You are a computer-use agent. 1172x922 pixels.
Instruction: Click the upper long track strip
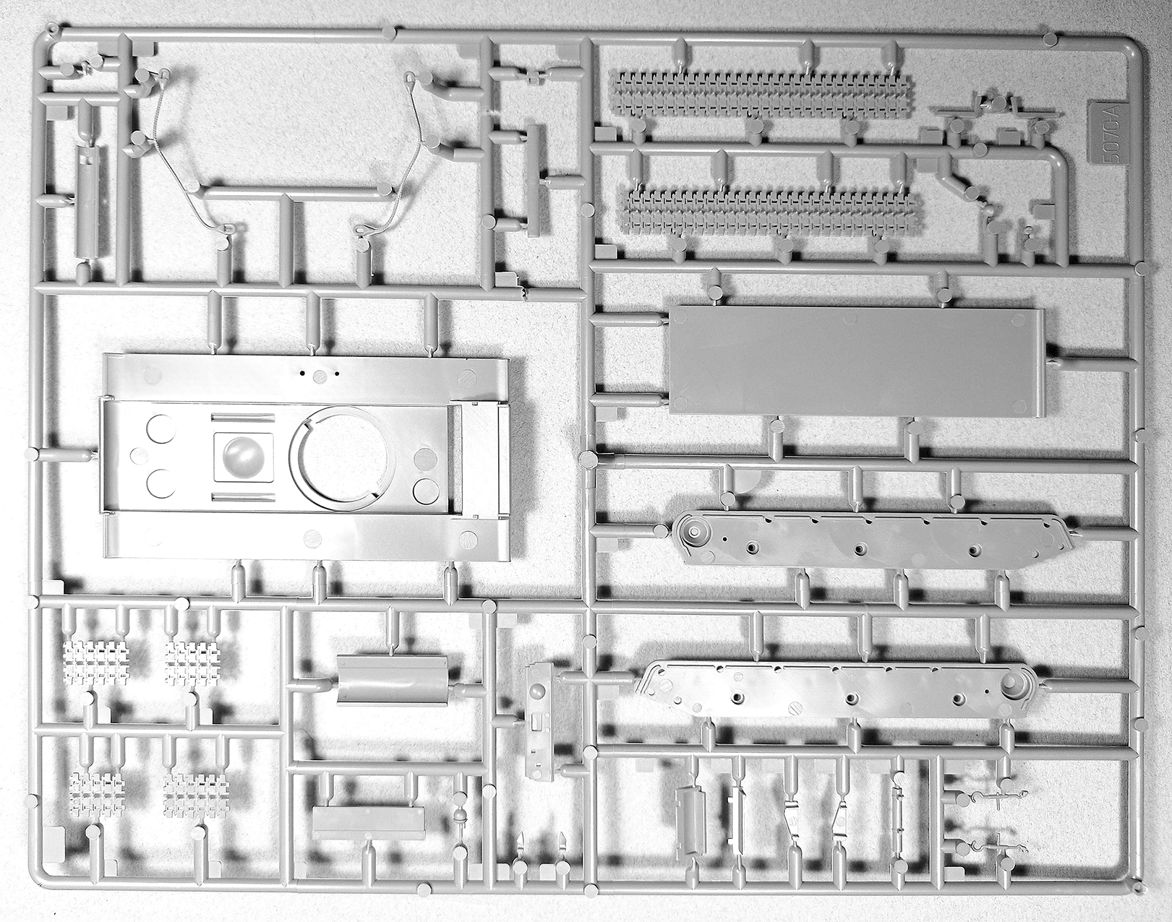coord(762,93)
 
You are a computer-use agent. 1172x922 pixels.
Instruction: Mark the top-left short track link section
coord(95,663)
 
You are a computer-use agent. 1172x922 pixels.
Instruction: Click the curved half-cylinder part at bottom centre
coord(392,678)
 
